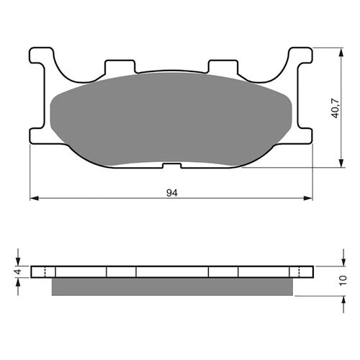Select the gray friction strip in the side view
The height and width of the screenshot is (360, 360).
(x=173, y=287)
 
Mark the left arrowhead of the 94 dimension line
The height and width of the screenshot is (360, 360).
(x=33, y=199)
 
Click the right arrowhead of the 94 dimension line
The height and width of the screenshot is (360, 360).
(x=312, y=199)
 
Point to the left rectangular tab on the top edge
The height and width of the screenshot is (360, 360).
(x=120, y=67)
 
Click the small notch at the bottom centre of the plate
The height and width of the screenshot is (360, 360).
(x=171, y=166)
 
